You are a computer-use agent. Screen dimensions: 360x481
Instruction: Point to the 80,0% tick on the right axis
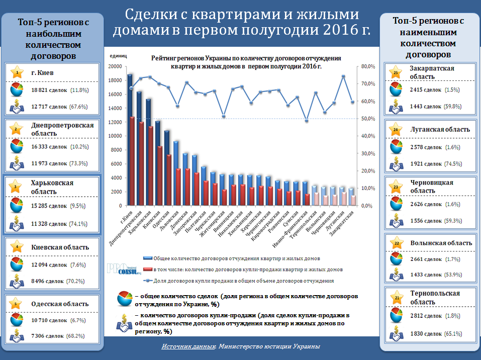[x=368, y=66]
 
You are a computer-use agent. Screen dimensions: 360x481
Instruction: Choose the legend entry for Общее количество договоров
[x=236, y=258]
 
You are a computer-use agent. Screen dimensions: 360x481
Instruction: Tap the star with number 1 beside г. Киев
[x=17, y=72]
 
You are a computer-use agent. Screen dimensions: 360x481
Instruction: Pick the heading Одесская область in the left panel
[x=60, y=304]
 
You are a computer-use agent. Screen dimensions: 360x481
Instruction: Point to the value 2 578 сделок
[x=426, y=147]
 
